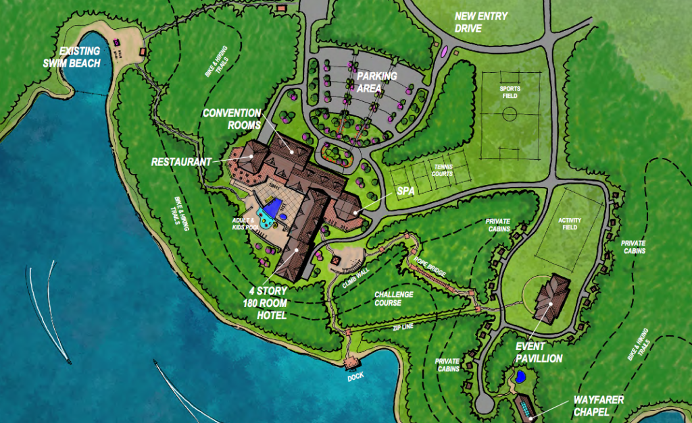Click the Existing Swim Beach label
coord(79,57)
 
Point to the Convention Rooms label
coord(232,118)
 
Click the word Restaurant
coord(178,162)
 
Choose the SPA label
coord(405,192)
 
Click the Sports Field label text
coord(510,91)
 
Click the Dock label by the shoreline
coord(355,376)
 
